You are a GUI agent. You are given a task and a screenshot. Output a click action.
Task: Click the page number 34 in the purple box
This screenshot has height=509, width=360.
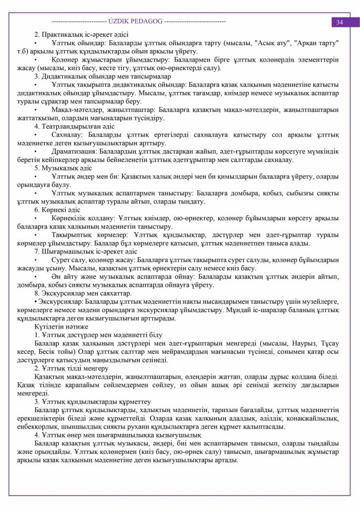click(x=340, y=22)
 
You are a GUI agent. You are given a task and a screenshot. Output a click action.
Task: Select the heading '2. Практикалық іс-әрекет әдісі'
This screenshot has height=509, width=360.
click(x=81, y=34)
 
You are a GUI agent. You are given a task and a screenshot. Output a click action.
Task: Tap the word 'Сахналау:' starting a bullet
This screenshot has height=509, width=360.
click(x=69, y=135)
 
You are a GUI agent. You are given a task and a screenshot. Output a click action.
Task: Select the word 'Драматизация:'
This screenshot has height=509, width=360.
click(x=74, y=152)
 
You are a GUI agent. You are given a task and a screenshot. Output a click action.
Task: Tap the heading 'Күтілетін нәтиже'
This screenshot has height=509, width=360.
click(x=62, y=327)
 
